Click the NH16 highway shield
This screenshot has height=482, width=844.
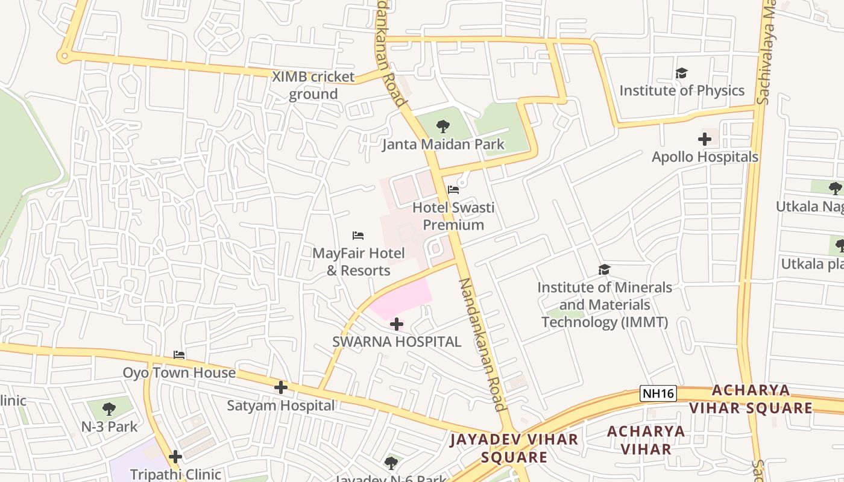coord(658,394)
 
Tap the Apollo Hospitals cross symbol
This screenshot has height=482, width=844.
coord(704,139)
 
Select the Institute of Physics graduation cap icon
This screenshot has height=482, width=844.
coord(681,73)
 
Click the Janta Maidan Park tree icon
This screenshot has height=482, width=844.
coord(443,127)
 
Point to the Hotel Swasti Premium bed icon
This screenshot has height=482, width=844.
coord(453,190)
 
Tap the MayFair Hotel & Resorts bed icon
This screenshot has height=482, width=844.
coord(358,235)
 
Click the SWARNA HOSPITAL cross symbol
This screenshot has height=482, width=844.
coord(397,324)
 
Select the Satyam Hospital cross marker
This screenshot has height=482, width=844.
coord(281,387)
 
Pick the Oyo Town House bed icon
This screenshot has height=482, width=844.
coord(179,355)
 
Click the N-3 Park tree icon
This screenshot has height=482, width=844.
coord(109,409)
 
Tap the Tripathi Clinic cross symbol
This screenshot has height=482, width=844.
coord(175,457)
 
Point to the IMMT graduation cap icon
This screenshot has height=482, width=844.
coord(604,269)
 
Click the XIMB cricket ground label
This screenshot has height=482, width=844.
coord(313,86)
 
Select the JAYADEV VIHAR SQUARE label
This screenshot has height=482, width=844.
coord(514,448)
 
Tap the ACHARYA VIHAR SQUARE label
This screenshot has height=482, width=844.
coord(750,399)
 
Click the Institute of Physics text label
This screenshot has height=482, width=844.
coord(682,90)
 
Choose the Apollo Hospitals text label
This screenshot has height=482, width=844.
coord(705,157)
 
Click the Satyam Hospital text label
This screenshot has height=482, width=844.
coord(280,405)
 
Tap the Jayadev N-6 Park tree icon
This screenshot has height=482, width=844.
coord(391,463)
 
